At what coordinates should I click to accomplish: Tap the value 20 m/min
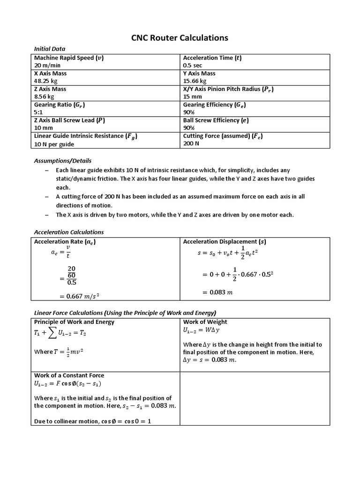point(45,65)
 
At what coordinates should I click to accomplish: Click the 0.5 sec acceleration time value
point(193,65)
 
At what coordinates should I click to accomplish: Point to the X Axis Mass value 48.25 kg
point(45,81)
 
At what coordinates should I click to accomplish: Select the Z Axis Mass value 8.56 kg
point(44,97)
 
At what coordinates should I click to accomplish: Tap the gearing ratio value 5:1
point(39,112)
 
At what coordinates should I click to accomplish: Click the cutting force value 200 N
point(191,143)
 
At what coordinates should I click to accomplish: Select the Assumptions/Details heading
point(63,161)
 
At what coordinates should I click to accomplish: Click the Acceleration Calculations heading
point(69,232)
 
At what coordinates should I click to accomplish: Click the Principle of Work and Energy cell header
point(74,322)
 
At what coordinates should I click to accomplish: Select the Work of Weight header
point(205,322)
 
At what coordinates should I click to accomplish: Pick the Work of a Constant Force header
point(69,375)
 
